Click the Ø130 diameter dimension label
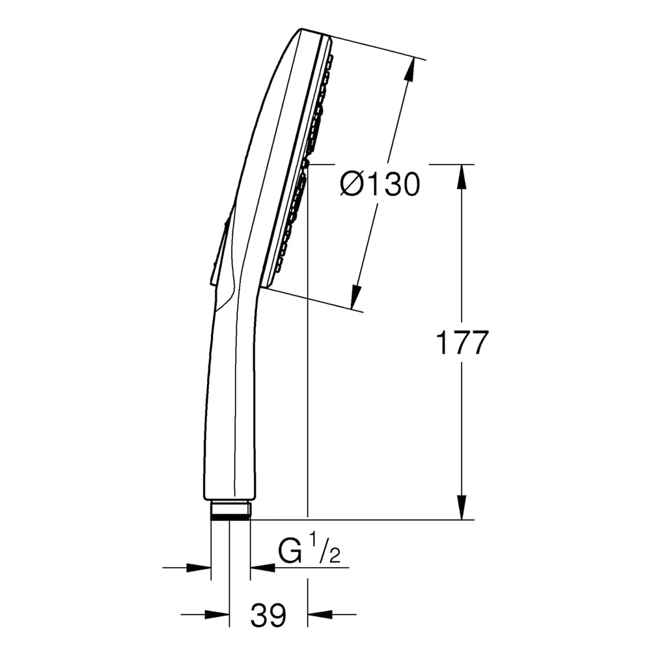point(380,184)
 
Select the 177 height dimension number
point(461,342)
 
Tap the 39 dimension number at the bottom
point(268,615)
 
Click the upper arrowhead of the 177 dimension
point(462,176)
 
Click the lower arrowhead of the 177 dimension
point(462,507)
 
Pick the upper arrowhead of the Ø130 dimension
point(410,69)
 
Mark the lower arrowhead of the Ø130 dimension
point(355,296)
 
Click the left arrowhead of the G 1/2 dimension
point(199,567)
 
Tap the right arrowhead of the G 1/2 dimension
point(262,567)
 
